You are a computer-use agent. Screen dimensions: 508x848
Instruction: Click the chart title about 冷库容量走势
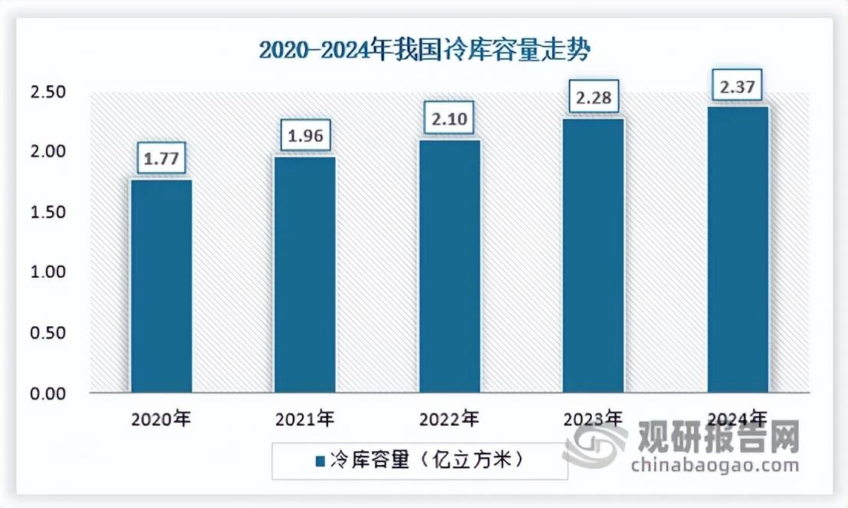[x=424, y=51]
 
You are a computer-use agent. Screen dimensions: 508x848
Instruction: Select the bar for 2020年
[x=161, y=286]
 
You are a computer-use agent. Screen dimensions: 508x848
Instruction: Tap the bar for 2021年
[x=304, y=275]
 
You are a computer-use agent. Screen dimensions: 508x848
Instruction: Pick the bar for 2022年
[x=449, y=266]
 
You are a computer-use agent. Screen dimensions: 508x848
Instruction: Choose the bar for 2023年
[x=593, y=256]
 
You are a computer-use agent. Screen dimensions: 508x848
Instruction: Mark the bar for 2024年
[x=737, y=249]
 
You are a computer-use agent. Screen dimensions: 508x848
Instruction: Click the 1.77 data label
[x=161, y=159]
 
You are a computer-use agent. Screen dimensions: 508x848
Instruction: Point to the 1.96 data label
[x=304, y=137]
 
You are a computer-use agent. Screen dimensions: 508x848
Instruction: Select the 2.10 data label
[x=449, y=120]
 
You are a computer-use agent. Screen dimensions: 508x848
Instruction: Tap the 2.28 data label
[x=593, y=98]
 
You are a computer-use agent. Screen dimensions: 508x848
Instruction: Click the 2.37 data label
[x=737, y=87]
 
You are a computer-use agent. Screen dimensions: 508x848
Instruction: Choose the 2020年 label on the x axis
[x=161, y=420]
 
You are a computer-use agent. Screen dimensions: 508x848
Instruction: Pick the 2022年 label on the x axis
[x=449, y=420]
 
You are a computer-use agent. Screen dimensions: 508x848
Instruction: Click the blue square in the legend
[x=320, y=461]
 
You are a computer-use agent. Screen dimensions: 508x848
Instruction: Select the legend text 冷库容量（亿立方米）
[x=426, y=460]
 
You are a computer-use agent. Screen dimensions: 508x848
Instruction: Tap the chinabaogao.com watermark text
[x=715, y=464]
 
